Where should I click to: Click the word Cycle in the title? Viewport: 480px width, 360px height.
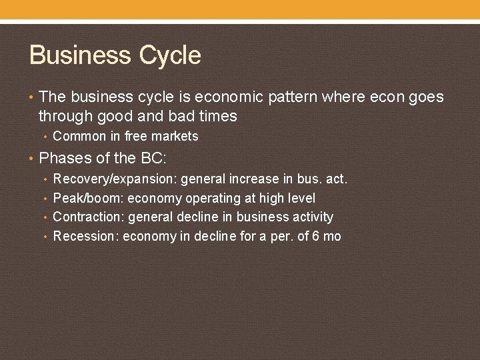[169, 55]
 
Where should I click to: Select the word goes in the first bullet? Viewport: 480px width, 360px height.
[426, 97]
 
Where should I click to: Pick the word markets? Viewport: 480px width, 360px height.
[175, 137]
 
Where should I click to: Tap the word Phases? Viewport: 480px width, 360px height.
[63, 159]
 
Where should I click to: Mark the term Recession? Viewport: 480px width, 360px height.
[86, 236]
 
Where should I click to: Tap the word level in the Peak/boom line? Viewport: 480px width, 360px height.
[301, 199]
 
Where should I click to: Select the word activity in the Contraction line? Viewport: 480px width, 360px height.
[313, 217]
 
